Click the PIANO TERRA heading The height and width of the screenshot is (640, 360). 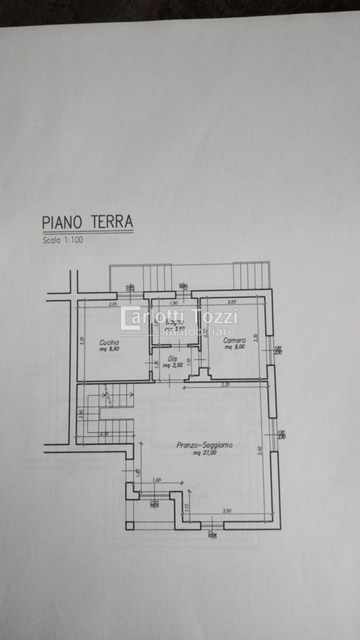pos(87,221)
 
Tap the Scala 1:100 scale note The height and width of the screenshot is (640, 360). pos(64,241)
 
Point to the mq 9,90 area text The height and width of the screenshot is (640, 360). pos(109,349)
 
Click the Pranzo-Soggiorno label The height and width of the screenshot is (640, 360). pos(205,445)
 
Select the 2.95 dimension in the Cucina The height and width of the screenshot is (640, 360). pos(112,304)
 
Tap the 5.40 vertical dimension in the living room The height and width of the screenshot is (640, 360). pos(259,449)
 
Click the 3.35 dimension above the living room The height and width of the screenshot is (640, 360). pos(225,384)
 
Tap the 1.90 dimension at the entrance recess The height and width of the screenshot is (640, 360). pos(156,480)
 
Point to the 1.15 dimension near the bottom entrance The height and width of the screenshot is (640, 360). pos(186,507)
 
